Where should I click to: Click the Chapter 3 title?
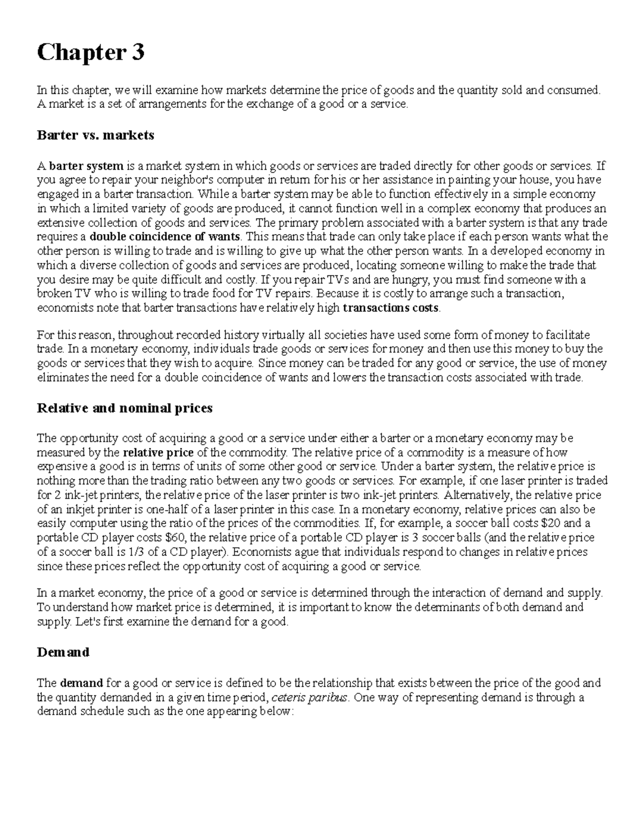pos(90,53)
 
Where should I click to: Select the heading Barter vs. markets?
pos(95,135)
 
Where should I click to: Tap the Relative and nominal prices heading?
pos(124,408)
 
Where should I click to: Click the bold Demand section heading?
pos(63,652)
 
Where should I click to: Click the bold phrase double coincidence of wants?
pos(166,237)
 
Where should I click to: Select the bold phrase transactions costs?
pos(391,308)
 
